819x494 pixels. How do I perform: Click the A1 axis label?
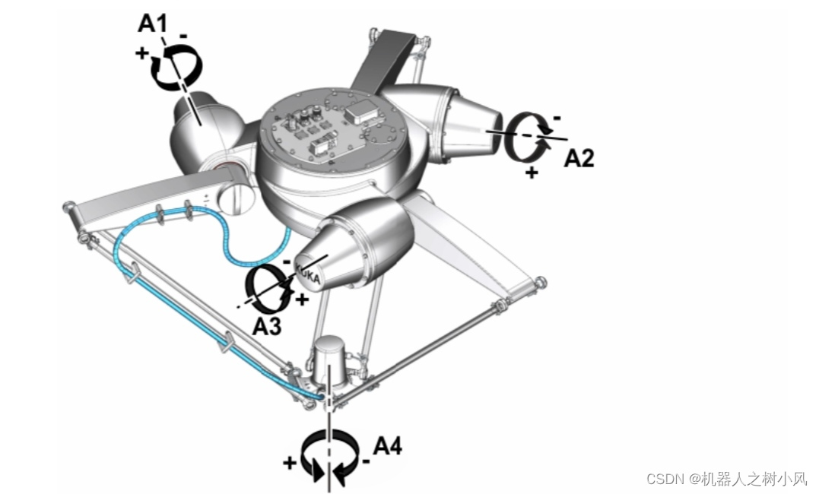(x=153, y=23)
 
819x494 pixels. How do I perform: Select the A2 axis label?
(x=579, y=157)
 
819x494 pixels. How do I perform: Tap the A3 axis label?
(x=267, y=326)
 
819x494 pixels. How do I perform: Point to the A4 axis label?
(x=388, y=446)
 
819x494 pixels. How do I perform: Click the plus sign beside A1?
(x=141, y=52)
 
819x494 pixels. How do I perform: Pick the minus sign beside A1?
(x=183, y=36)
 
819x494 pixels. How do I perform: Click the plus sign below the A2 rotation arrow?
(x=532, y=172)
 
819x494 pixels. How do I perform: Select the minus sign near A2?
(x=557, y=119)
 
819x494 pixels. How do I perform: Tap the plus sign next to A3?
(x=302, y=299)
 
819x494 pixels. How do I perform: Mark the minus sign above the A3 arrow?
(x=286, y=261)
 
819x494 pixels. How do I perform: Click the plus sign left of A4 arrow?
(x=290, y=462)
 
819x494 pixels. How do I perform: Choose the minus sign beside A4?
(x=366, y=461)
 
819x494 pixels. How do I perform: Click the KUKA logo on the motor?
(x=308, y=274)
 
